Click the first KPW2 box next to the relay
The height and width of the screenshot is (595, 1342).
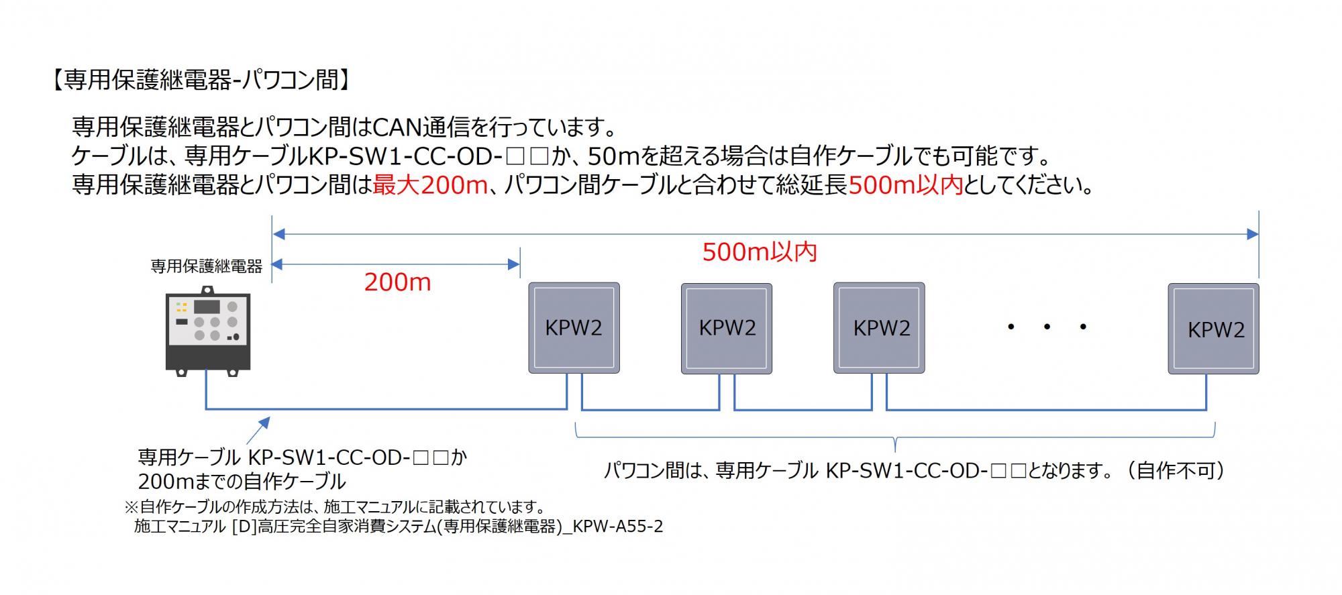point(574,328)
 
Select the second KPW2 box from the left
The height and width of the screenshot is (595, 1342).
point(727,328)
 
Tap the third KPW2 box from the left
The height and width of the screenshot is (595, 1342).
point(879,328)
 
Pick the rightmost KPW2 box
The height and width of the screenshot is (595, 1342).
point(1213,328)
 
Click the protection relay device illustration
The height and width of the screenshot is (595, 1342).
point(208,331)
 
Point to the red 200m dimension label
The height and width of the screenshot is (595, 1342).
point(397,282)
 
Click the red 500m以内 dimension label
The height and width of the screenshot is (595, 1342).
point(760,252)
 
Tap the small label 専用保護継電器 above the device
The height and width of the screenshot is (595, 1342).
point(207,266)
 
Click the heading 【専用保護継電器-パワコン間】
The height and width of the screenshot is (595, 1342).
point(199,80)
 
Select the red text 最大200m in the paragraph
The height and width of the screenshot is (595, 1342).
point(430,184)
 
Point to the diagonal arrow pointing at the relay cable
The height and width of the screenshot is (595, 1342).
point(258,429)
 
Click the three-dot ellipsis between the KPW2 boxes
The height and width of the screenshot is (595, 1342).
point(1047,327)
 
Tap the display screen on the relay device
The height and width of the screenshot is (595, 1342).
point(207,307)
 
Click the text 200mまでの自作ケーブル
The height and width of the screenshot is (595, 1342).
point(242,482)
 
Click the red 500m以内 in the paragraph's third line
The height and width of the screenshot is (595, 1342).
point(906,184)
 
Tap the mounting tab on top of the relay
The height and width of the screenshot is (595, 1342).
point(208,290)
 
